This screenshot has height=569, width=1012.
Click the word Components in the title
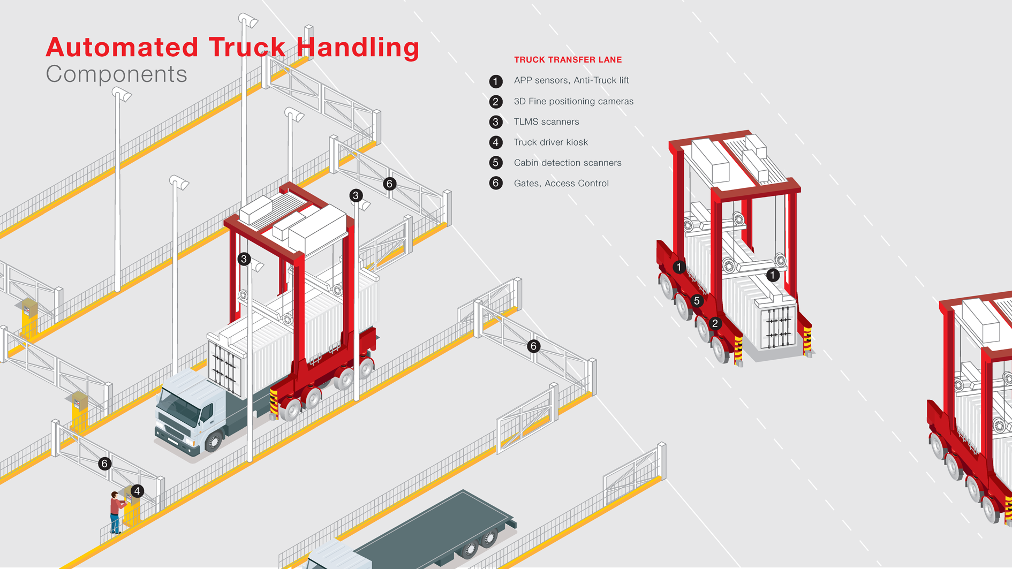[116, 74]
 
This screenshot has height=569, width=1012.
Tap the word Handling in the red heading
[358, 48]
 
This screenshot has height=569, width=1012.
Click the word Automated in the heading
[122, 48]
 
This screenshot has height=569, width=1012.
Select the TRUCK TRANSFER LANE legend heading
[568, 60]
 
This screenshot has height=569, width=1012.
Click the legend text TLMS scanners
[546, 122]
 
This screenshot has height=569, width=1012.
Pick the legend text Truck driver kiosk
[550, 142]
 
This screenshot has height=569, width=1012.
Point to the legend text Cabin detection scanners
[568, 163]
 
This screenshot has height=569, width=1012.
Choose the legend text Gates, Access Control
[561, 184]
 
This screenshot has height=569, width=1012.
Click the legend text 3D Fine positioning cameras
[573, 101]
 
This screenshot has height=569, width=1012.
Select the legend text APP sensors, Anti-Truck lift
[571, 80]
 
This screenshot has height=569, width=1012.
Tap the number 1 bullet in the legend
[496, 81]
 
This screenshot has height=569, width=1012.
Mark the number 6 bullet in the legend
[496, 184]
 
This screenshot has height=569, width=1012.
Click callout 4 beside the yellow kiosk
[137, 491]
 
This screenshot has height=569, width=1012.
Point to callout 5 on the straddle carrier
[697, 301]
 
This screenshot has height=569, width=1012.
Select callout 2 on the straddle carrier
[715, 323]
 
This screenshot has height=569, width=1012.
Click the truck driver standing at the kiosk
[115, 511]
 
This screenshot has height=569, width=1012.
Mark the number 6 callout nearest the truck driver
[105, 464]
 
